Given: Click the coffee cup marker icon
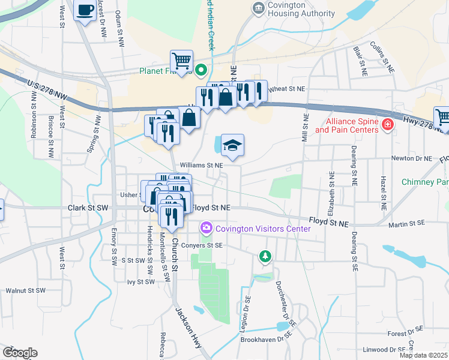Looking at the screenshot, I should (x=85, y=10).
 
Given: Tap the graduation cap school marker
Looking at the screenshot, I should (x=232, y=145).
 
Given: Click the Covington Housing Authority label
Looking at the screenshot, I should (x=297, y=8).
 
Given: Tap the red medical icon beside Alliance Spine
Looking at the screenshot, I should (x=388, y=125).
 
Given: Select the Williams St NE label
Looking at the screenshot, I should (x=201, y=164).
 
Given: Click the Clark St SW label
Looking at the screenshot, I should (x=88, y=208).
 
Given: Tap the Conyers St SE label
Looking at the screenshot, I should (x=202, y=245).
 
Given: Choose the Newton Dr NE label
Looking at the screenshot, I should (x=411, y=158).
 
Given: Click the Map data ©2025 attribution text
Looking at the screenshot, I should (x=423, y=355).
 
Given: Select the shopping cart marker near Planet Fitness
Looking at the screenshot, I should (x=181, y=61).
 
